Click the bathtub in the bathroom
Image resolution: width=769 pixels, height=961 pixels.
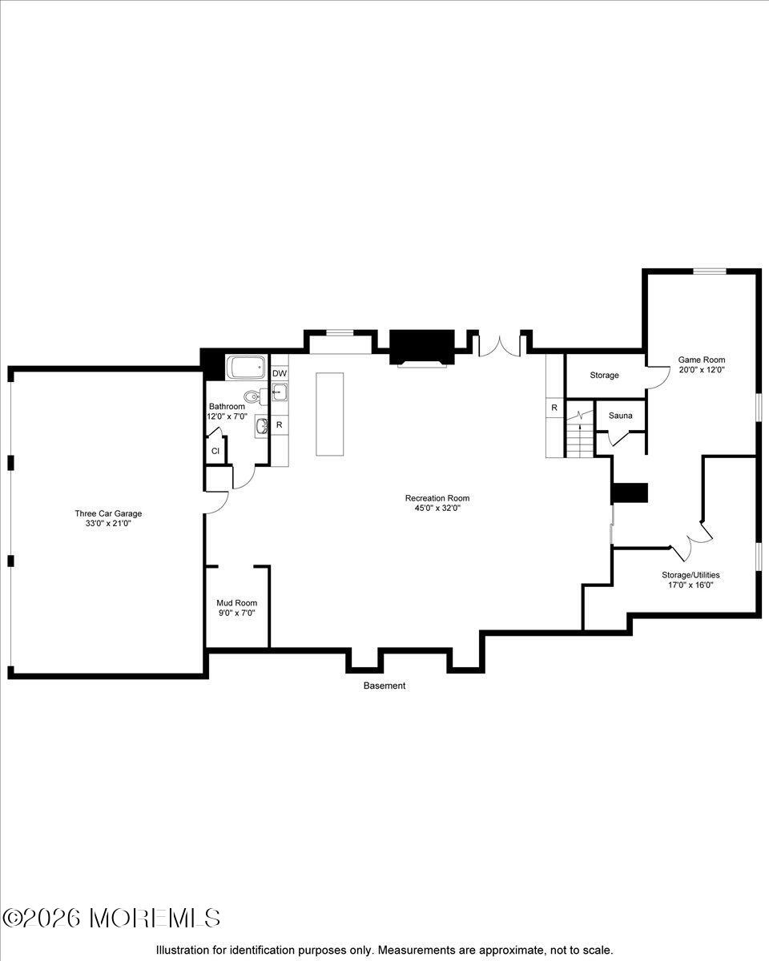(x=246, y=368)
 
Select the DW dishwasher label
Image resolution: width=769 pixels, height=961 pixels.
(x=279, y=374)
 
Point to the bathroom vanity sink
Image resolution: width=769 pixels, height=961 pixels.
(x=262, y=426)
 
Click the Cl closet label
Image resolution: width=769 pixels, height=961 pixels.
(x=215, y=451)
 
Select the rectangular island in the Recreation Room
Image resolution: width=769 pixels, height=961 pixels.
(x=329, y=413)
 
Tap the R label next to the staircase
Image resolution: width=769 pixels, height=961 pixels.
(x=554, y=408)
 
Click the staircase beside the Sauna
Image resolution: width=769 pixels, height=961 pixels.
(x=578, y=437)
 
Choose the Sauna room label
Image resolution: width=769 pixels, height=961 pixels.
(x=620, y=416)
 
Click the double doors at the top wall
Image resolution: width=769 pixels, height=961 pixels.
(x=501, y=345)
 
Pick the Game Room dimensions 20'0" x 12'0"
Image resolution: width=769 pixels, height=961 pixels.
(x=701, y=370)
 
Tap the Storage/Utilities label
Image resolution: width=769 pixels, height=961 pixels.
(x=690, y=574)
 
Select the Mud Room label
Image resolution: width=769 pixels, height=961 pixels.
(x=236, y=603)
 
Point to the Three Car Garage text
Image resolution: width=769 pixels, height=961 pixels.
(x=108, y=513)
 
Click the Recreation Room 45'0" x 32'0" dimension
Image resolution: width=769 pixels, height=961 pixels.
(x=437, y=508)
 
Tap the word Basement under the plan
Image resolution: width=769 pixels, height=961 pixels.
(x=384, y=686)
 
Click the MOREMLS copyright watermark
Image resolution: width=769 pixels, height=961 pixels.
(x=111, y=918)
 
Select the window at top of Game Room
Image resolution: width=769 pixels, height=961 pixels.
(x=709, y=271)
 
